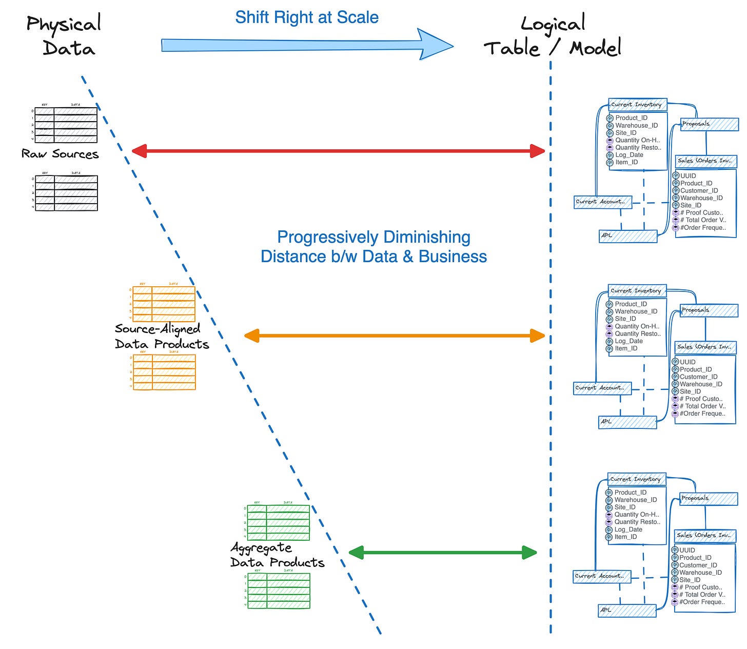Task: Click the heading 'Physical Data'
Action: pyautogui.click(x=64, y=36)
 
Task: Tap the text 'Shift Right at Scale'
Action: pyautogui.click(x=306, y=17)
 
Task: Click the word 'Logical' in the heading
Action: pyautogui.click(x=553, y=24)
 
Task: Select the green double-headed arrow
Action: pyautogui.click(x=442, y=553)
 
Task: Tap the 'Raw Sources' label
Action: pyautogui.click(x=60, y=154)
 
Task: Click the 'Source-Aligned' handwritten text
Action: pyautogui.click(x=158, y=329)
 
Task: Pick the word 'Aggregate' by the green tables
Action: pyautogui.click(x=261, y=548)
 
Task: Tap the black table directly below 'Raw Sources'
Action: pyautogui.click(x=66, y=193)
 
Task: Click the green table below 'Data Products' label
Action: pyautogui.click(x=279, y=591)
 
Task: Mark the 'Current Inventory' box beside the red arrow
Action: pyautogui.click(x=637, y=105)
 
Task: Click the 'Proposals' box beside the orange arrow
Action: pyautogui.click(x=709, y=310)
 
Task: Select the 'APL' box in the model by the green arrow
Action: pyautogui.click(x=627, y=611)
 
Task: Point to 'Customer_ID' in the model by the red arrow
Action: pyautogui.click(x=699, y=190)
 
